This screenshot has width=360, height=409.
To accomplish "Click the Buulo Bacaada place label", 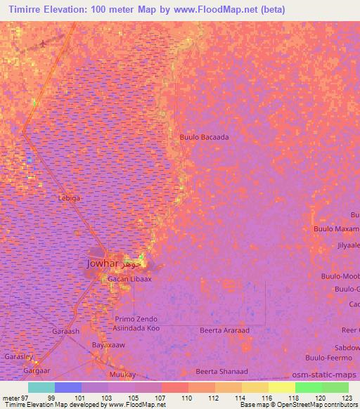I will click(x=204, y=138).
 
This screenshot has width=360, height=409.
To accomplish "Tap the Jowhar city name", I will click(x=103, y=264).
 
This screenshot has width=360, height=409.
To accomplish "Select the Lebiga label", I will click(x=70, y=198).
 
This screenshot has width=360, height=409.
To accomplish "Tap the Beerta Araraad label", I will click(x=224, y=330).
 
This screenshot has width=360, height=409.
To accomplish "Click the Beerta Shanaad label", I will click(x=221, y=371).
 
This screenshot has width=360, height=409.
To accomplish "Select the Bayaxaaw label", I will click(x=109, y=345).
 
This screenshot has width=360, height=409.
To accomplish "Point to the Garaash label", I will click(x=65, y=330).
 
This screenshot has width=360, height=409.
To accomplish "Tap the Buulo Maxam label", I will click(x=336, y=230).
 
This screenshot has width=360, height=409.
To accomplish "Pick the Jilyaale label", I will click(x=348, y=245).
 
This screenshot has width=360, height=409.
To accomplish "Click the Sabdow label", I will click(x=347, y=348).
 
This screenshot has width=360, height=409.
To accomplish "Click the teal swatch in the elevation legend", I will click(x=41, y=387).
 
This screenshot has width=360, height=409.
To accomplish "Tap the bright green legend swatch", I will click(x=308, y=387).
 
